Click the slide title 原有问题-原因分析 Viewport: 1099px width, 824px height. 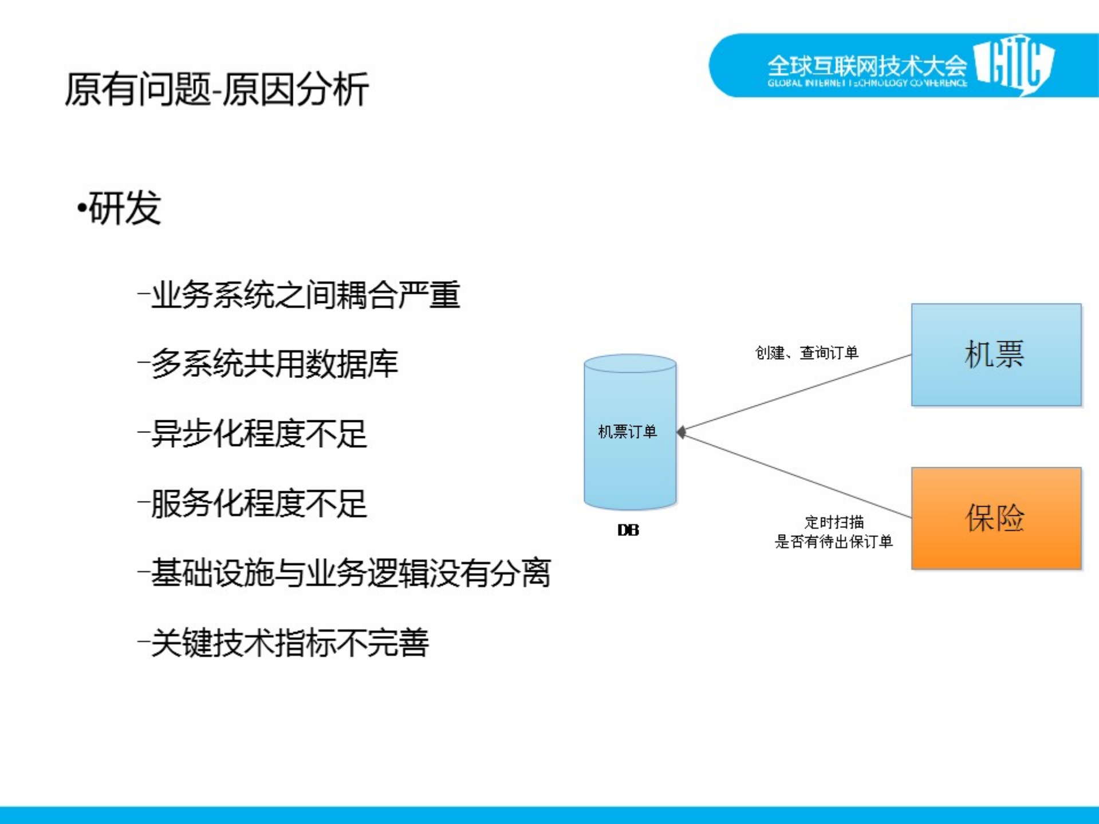coord(216,89)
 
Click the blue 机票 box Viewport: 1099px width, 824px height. coord(996,354)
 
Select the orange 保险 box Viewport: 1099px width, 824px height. coord(996,518)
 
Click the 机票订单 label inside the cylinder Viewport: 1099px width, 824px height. coord(627,432)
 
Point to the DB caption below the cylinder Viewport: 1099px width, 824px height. coord(628,530)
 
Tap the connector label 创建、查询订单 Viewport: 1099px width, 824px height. coord(806,353)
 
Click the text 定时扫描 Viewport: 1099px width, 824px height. coord(834,522)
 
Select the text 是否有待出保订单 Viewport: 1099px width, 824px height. coord(833,542)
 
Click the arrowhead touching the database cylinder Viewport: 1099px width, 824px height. coord(682,432)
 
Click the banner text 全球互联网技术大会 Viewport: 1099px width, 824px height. coord(866,66)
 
